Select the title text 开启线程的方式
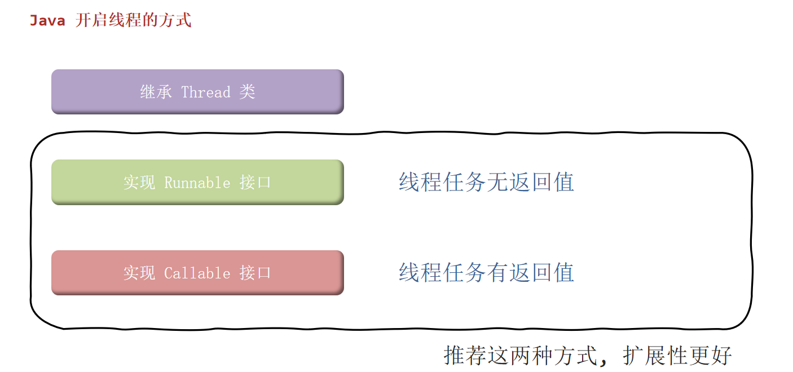[x=133, y=21]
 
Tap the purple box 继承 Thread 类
[x=197, y=91]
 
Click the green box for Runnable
[x=197, y=182]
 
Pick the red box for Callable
[x=197, y=273]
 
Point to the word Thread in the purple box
[x=206, y=92]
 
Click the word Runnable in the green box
[x=197, y=183]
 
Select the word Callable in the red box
[x=197, y=273]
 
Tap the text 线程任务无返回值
[x=486, y=182]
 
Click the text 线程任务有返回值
[x=486, y=273]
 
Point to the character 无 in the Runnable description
[x=497, y=182]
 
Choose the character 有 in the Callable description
[x=497, y=273]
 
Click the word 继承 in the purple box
[x=156, y=92]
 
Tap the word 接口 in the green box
[x=255, y=183]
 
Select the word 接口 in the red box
[x=255, y=273]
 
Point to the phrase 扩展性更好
[x=677, y=356]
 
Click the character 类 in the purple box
[x=247, y=92]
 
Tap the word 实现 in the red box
[x=139, y=273]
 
